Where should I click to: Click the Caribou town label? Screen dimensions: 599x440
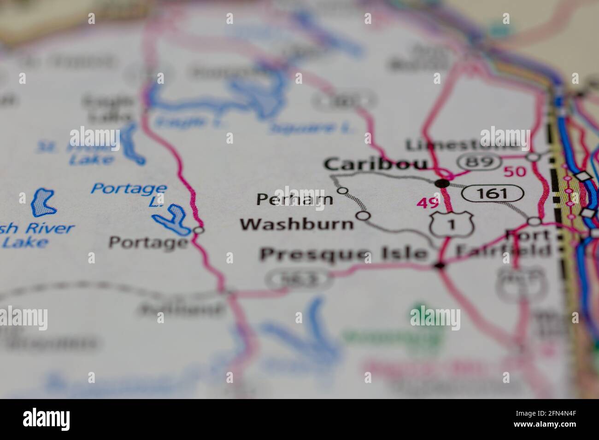[376, 164]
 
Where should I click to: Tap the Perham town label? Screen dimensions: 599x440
[294, 200]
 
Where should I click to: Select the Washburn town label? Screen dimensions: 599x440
[297, 224]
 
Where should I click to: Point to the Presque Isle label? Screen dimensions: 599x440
[344, 254]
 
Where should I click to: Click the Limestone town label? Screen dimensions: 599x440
[461, 145]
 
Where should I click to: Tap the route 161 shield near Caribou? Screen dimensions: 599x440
[493, 193]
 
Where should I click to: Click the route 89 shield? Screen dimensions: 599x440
[479, 162]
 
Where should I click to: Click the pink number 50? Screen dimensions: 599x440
[514, 172]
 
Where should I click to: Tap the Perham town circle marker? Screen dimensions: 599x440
[342, 190]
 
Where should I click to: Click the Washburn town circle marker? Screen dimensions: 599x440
[364, 215]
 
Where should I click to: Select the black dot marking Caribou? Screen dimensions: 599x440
[442, 183]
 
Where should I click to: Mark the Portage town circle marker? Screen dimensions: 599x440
[198, 229]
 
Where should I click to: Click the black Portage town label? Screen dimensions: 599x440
[149, 242]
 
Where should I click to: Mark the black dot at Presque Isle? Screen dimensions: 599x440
[440, 265]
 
